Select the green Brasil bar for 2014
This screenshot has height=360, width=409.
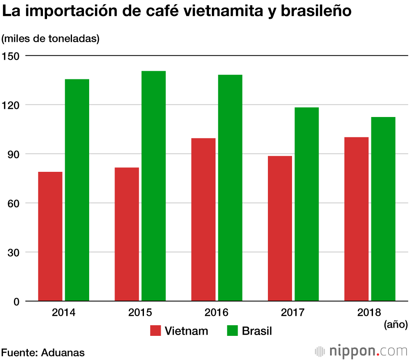click(x=77, y=190)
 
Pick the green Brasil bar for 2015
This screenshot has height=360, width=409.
click(x=153, y=186)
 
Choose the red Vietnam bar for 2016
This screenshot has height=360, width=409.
click(x=203, y=220)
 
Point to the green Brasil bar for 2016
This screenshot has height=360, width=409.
click(x=230, y=188)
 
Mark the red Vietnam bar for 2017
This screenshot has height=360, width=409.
click(x=280, y=229)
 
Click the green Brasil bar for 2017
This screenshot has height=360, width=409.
click(x=306, y=205)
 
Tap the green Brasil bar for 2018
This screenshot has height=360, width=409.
click(x=383, y=209)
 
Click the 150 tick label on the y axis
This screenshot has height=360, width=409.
click(x=11, y=56)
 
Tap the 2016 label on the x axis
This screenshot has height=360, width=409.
click(x=216, y=313)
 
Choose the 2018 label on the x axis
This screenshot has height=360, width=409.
click(x=369, y=313)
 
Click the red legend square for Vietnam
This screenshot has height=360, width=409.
click(x=155, y=331)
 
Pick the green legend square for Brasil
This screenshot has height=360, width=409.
click(x=232, y=331)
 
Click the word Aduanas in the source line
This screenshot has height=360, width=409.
click(x=63, y=352)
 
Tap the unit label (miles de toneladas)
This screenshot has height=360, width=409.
click(x=51, y=39)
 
